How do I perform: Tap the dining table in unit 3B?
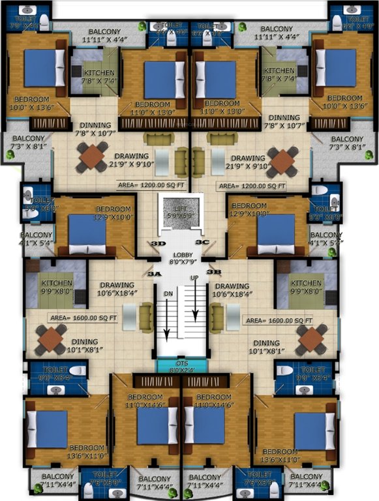pos(311,339)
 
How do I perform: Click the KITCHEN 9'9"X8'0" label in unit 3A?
pos(57,288)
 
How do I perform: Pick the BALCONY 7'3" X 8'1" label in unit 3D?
pos(27,143)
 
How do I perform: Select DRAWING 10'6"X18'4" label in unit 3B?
pos(232,290)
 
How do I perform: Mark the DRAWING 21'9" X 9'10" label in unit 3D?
pos(131,160)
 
